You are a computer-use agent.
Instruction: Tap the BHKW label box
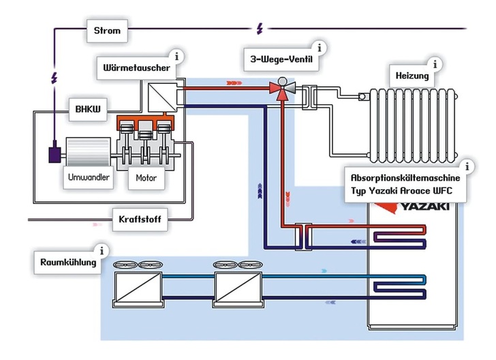coord(88,109)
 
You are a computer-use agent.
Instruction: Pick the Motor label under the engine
coord(147,179)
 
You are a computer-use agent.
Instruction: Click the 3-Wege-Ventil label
coord(282,59)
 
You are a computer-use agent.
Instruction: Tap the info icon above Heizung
coord(436,64)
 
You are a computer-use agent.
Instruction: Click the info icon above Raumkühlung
coord(102,250)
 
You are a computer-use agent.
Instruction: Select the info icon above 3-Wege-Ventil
coord(319,48)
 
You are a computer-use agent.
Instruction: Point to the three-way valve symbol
coord(278,87)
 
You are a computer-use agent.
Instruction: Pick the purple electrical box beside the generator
coord(53,154)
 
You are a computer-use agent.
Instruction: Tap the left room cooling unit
coord(138,287)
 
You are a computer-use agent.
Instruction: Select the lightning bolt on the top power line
coord(259,29)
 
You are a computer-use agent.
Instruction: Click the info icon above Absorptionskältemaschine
coord(467,166)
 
